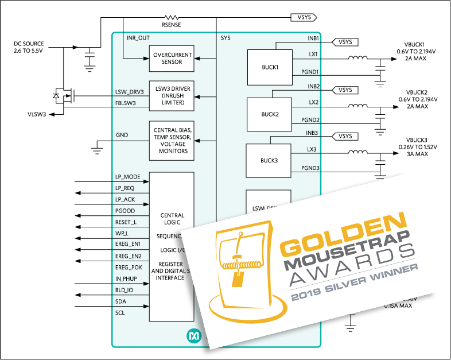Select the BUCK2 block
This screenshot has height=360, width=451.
(x=269, y=114)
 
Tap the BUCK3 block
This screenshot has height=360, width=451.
(x=269, y=160)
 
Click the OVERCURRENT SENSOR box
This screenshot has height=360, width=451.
(x=172, y=59)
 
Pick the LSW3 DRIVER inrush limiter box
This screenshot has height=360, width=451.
(x=172, y=95)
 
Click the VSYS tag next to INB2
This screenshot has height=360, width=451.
(x=345, y=90)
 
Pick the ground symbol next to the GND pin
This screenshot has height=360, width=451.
(x=96, y=150)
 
